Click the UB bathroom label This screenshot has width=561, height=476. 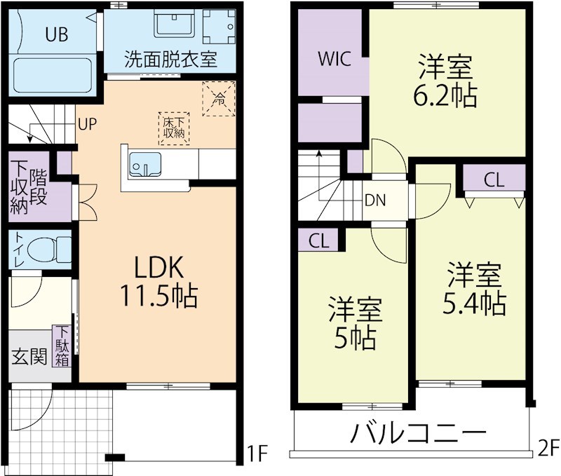(x=57, y=34)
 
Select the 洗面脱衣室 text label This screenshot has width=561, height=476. (x=171, y=58)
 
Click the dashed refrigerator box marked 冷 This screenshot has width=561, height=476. (x=219, y=98)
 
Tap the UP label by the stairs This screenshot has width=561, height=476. (x=87, y=124)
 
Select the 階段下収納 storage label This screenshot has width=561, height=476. (x=28, y=187)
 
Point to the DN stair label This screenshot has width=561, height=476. (x=374, y=200)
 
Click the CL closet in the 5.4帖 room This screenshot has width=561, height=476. (x=493, y=179)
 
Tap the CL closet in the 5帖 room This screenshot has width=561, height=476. (x=318, y=240)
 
